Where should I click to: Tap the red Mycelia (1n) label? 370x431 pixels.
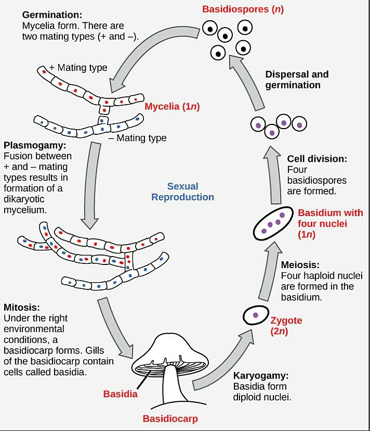pyautogui.click(x=172, y=107)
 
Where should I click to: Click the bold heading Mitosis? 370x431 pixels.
pyautogui.click(x=21, y=307)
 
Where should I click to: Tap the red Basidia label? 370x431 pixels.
pyautogui.click(x=120, y=394)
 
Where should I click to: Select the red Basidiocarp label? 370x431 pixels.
pyautogui.click(x=170, y=419)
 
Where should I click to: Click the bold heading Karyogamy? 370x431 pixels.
pyautogui.click(x=260, y=375)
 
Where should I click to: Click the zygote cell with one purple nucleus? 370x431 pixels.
pyautogui.click(x=255, y=315)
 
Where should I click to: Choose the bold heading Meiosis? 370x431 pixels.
pyautogui.click(x=300, y=265)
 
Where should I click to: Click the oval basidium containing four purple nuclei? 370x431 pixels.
pyautogui.click(x=273, y=223)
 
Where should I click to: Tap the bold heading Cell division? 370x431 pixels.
pyautogui.click(x=317, y=159)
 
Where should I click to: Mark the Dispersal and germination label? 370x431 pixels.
pyautogui.click(x=297, y=80)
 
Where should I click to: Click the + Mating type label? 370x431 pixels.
pyautogui.click(x=78, y=68)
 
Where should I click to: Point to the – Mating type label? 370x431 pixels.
pyautogui.click(x=138, y=138)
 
